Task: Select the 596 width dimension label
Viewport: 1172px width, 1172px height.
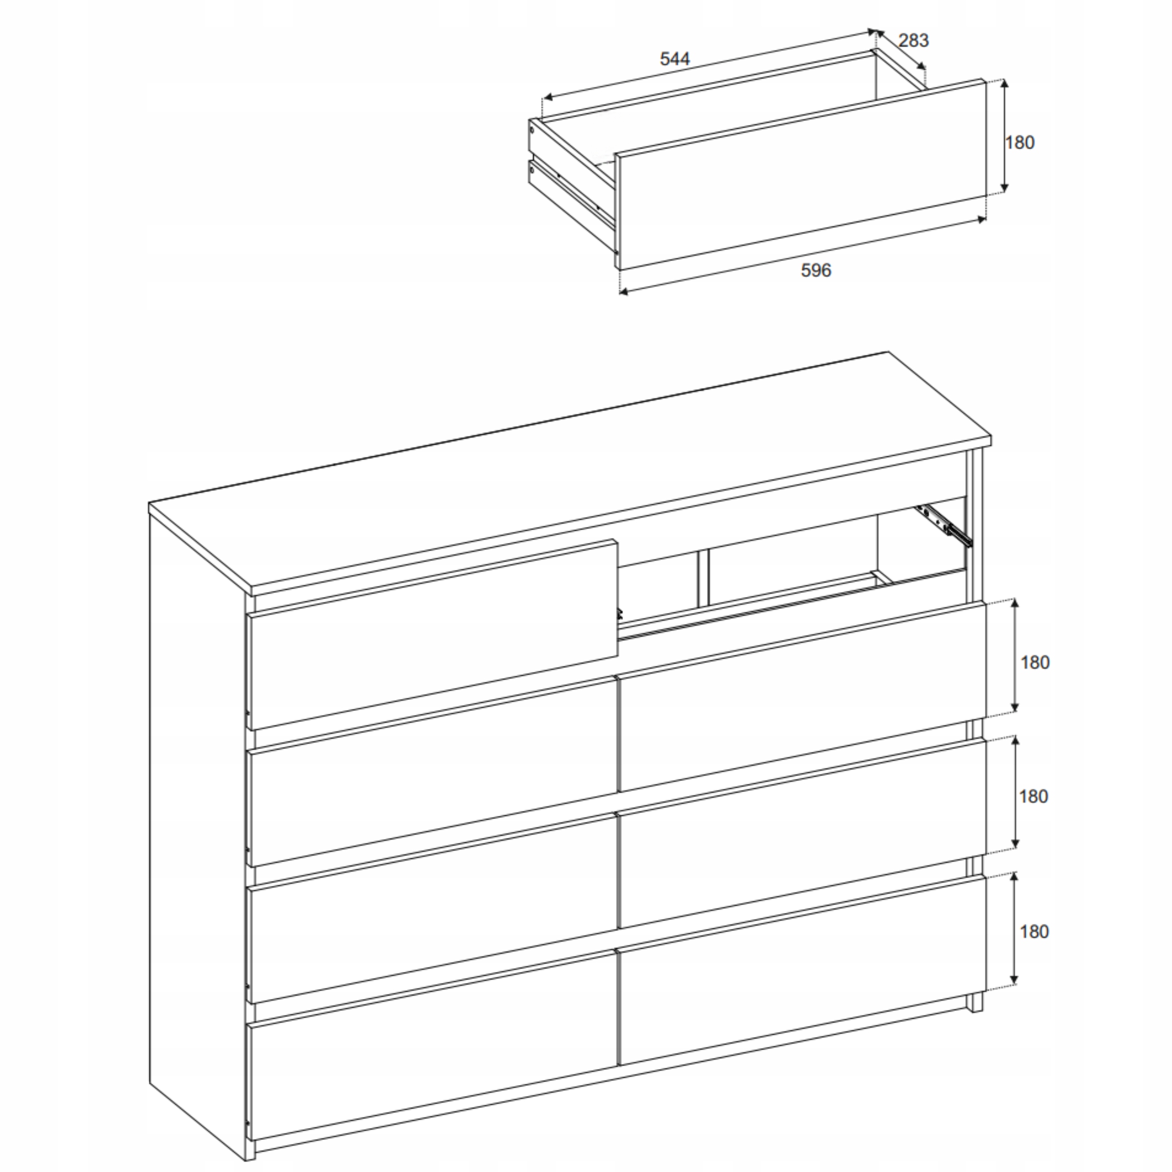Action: coord(816,270)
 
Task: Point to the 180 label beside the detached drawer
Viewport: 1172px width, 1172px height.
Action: coord(1020,142)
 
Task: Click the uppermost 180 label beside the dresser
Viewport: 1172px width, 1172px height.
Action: coord(1035,662)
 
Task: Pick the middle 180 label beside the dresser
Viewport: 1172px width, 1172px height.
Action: coord(1034,797)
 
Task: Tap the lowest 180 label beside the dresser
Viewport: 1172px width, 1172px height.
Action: coord(1034,932)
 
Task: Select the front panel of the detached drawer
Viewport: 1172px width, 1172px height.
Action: coord(801,174)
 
